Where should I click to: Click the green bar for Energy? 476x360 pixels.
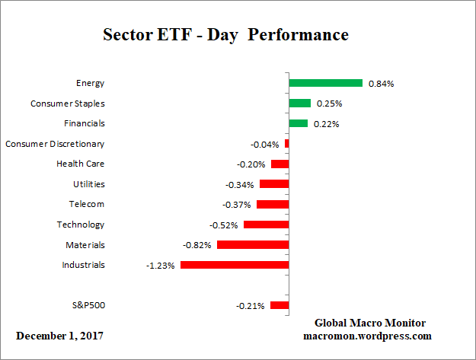click(x=325, y=83)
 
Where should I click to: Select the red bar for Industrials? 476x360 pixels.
click(x=234, y=266)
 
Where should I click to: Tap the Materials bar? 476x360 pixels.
click(x=253, y=245)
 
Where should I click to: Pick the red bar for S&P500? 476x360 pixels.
click(x=280, y=306)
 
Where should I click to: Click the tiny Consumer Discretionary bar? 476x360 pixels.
click(x=286, y=144)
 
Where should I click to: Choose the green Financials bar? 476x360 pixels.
click(x=298, y=123)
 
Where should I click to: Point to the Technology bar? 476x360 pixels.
click(x=266, y=225)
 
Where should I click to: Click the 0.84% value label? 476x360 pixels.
click(x=381, y=84)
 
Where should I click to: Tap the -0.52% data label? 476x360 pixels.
click(x=225, y=225)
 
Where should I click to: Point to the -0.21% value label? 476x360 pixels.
click(x=251, y=306)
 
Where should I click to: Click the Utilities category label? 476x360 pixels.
click(x=88, y=184)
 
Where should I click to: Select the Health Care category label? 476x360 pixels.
click(x=81, y=164)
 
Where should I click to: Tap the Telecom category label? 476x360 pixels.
click(x=86, y=204)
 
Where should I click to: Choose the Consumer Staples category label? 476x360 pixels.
click(x=68, y=103)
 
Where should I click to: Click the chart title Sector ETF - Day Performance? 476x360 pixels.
click(x=225, y=35)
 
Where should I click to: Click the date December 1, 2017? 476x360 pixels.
click(x=59, y=335)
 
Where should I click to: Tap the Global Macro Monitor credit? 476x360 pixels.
click(x=370, y=323)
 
